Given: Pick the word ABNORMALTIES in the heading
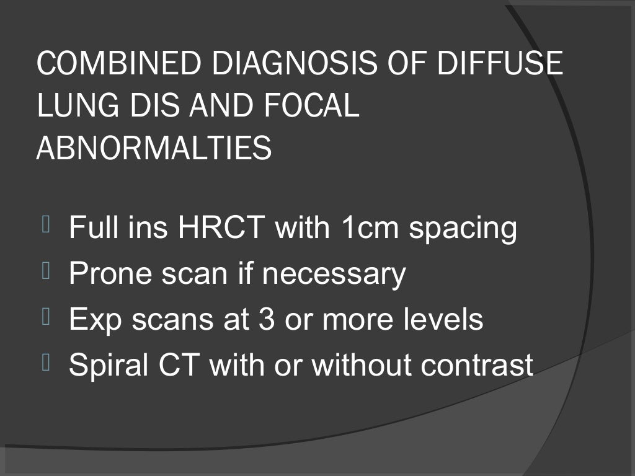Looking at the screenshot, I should tap(154, 149).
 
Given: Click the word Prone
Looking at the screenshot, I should tap(110, 274).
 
